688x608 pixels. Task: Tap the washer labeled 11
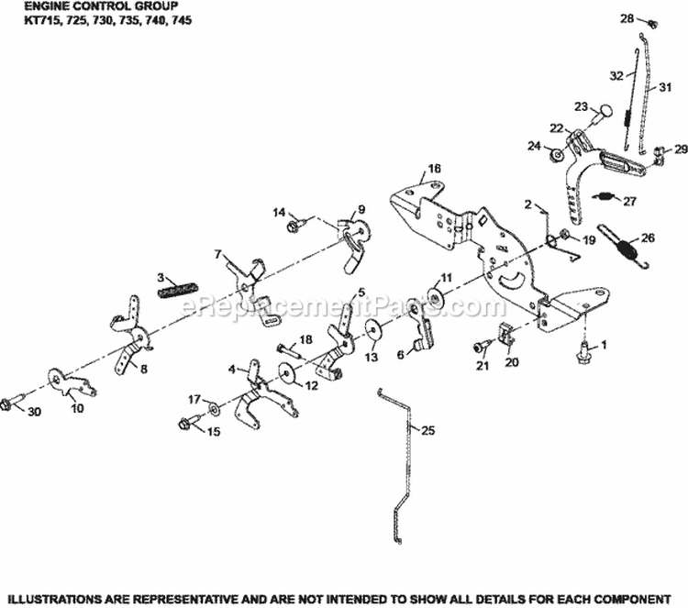(x=434, y=298)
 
